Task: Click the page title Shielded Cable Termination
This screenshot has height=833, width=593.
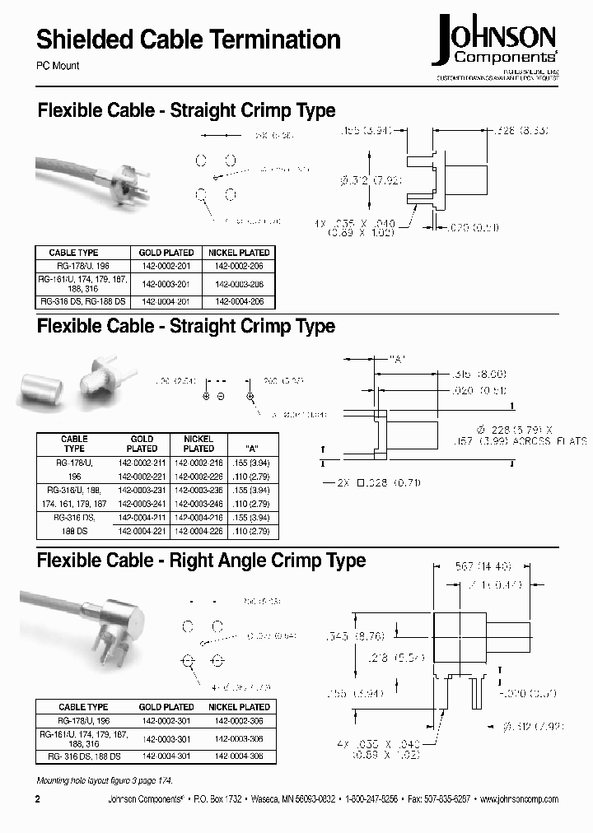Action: (x=189, y=40)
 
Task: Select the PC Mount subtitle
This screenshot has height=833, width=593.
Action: (x=58, y=66)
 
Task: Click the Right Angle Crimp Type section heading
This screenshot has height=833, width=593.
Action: (x=201, y=561)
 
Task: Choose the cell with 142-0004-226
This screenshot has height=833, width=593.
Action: (x=198, y=531)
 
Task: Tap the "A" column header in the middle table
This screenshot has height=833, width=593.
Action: (x=252, y=449)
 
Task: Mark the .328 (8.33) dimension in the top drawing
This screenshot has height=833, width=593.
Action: (x=521, y=131)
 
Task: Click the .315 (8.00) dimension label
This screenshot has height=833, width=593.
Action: (x=481, y=373)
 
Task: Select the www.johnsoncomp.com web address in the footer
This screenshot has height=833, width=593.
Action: (x=518, y=799)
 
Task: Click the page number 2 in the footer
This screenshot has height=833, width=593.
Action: (x=38, y=799)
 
